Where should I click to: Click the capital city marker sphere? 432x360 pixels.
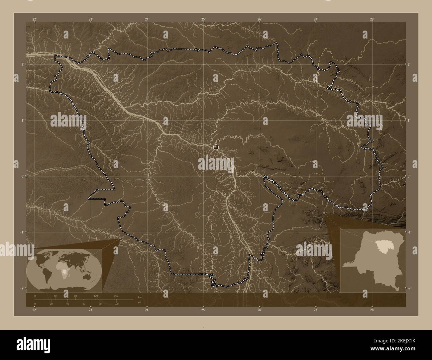[x=216, y=146]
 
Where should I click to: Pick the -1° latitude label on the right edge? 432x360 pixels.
[x=409, y=232]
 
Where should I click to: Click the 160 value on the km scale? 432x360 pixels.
[x=116, y=296]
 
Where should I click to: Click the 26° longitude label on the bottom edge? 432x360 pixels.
[x=260, y=310]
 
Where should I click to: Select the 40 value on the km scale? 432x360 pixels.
[x=55, y=296]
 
